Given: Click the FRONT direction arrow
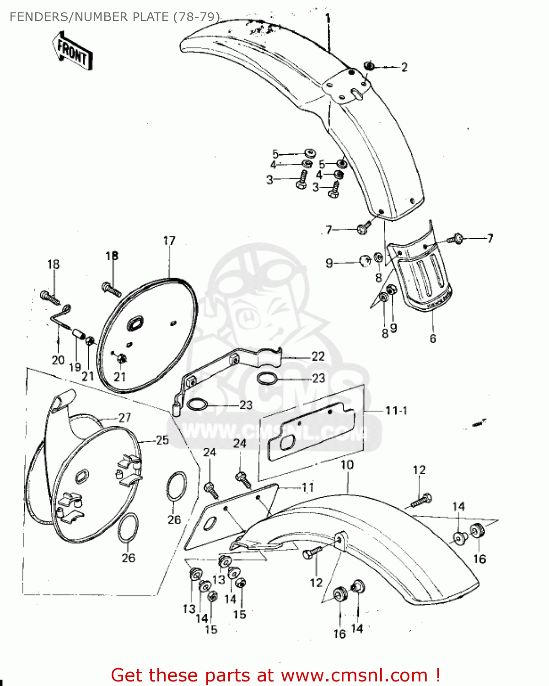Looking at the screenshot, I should pyautogui.click(x=72, y=51).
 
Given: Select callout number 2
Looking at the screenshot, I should pyautogui.click(x=404, y=67).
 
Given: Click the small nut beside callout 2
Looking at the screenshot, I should pyautogui.click(x=370, y=66).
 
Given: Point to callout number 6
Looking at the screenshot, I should pyautogui.click(x=433, y=338).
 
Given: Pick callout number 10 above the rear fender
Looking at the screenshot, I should pyautogui.click(x=347, y=465).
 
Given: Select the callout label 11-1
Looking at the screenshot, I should pyautogui.click(x=396, y=411).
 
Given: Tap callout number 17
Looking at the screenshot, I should pyautogui.click(x=169, y=241).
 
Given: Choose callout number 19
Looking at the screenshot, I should pyautogui.click(x=75, y=367).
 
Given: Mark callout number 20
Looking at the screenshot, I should pyautogui.click(x=58, y=360).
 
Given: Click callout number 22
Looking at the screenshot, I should pyautogui.click(x=318, y=356).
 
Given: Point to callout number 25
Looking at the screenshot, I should pyautogui.click(x=162, y=440).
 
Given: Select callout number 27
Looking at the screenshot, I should pyautogui.click(x=124, y=417).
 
